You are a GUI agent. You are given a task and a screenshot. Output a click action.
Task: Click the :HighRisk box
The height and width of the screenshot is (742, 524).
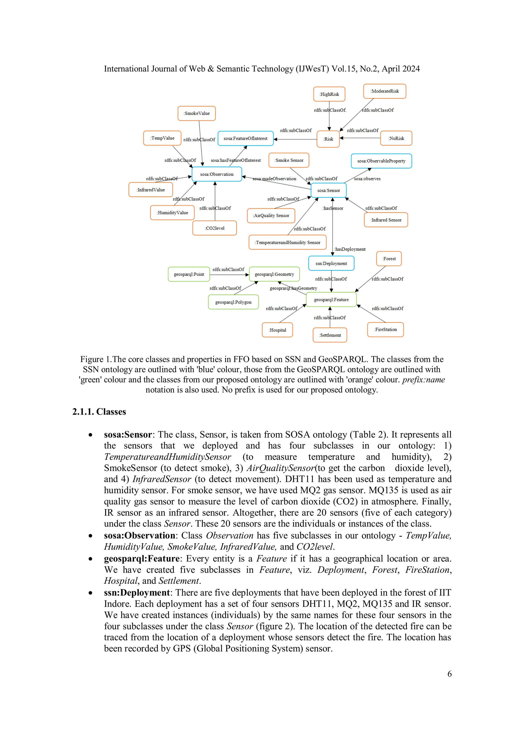(x=329, y=94)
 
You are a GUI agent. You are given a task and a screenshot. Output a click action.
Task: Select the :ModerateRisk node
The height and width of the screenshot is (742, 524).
(x=384, y=91)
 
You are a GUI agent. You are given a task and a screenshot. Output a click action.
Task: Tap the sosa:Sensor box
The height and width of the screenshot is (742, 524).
(x=328, y=190)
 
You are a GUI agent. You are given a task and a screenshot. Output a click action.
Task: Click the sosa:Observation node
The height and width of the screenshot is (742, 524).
(x=217, y=174)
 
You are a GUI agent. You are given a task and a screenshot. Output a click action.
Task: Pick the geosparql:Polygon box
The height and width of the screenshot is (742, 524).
(x=233, y=302)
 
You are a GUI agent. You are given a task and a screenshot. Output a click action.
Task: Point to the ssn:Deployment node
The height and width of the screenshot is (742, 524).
(x=331, y=263)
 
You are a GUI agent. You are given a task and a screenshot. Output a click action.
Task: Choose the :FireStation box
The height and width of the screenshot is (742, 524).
(x=385, y=330)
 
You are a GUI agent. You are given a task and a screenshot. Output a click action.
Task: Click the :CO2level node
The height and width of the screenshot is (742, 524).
(x=214, y=228)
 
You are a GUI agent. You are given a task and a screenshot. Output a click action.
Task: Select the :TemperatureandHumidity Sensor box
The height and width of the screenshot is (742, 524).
(x=287, y=242)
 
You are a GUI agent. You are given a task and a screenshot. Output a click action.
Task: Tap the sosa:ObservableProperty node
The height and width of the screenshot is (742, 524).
(x=381, y=161)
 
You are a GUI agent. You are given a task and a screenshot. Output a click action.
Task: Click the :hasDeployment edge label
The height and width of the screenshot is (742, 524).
(x=350, y=249)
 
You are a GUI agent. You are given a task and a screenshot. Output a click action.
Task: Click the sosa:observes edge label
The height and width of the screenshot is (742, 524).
(x=367, y=179)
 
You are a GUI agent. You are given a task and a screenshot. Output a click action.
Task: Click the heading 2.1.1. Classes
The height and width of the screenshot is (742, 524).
(x=99, y=412)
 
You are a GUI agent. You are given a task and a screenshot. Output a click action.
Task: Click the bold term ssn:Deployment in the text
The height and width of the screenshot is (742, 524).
(x=137, y=593)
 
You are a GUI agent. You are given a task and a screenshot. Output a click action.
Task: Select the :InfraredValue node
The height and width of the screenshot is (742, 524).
(x=150, y=190)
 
